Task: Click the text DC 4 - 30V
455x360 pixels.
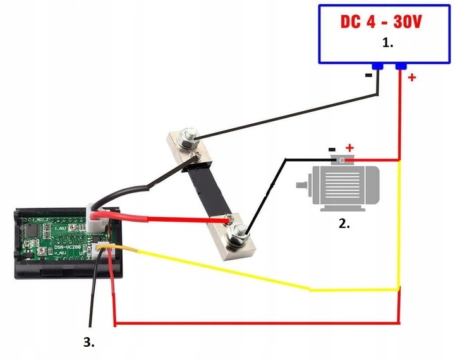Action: [x=381, y=22]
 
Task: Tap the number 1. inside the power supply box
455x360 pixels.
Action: [x=388, y=44]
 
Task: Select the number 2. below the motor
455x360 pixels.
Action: [x=344, y=223]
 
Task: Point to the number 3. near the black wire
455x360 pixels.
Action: [x=89, y=342]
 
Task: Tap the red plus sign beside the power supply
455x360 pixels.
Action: [x=411, y=78]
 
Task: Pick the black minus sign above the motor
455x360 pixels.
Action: [x=332, y=150]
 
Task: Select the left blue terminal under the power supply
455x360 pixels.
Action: [x=378, y=66]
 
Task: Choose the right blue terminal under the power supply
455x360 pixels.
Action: [x=400, y=66]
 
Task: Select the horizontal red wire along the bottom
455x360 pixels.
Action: [x=253, y=324]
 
